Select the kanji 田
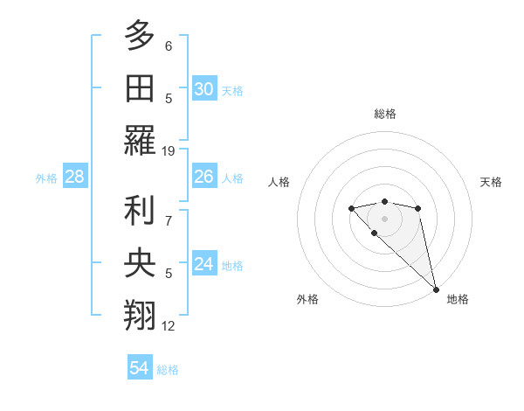coord(140,87)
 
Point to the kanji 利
coord(140,210)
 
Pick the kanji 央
coord(140,262)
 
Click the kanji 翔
coord(140,315)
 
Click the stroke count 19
coord(169,150)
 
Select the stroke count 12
coord(169,326)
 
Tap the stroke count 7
coord(169,210)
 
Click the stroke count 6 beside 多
coord(169,45)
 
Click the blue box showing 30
coord(203,88)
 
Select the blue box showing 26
coord(203,177)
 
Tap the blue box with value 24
coord(203,264)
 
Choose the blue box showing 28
coord(75,177)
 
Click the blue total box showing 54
coord(139,369)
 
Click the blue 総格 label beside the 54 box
coord(168,370)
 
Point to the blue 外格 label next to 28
coord(46,178)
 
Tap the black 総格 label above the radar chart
coord(384,114)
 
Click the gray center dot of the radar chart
coord(384,218)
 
